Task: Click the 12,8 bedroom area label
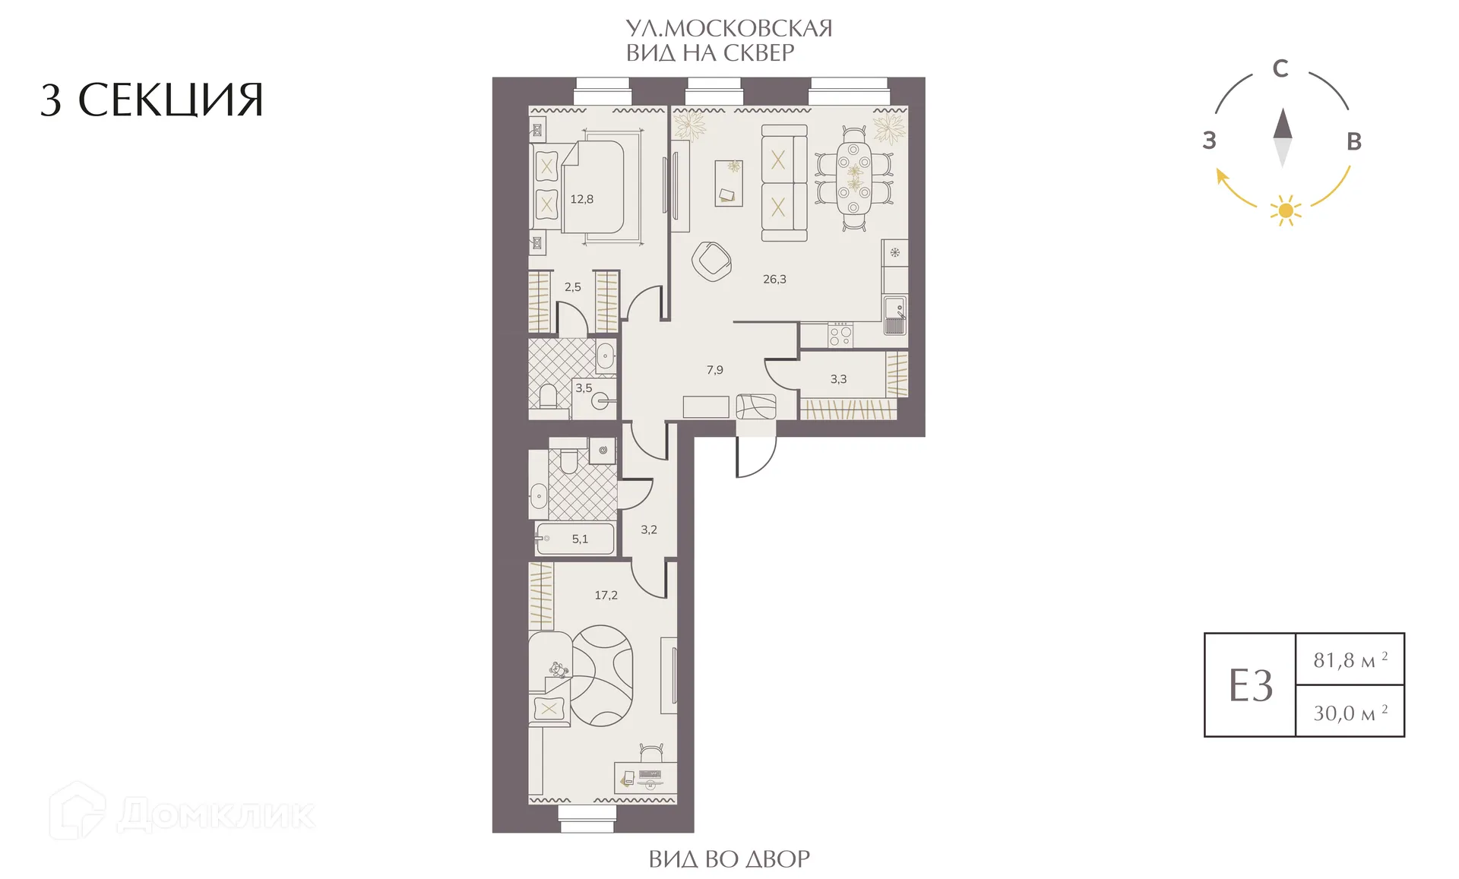coord(581,199)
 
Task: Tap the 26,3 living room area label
coord(774,279)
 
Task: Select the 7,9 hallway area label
coord(714,370)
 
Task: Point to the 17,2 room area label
coord(606,595)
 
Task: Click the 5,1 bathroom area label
coord(580,539)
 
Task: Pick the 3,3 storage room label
coord(838,378)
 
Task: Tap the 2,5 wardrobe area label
coord(572,287)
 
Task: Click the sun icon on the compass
coord(1286,210)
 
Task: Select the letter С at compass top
coord(1280,68)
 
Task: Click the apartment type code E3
coord(1250,685)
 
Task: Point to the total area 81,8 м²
coord(1350,659)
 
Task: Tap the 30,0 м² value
coord(1350,712)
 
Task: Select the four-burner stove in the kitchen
coord(840,335)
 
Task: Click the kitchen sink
coord(895,314)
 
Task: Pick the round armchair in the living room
coord(711,261)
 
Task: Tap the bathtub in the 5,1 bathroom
coord(574,539)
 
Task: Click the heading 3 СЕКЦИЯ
coord(152,100)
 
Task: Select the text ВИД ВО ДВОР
coord(729,858)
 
